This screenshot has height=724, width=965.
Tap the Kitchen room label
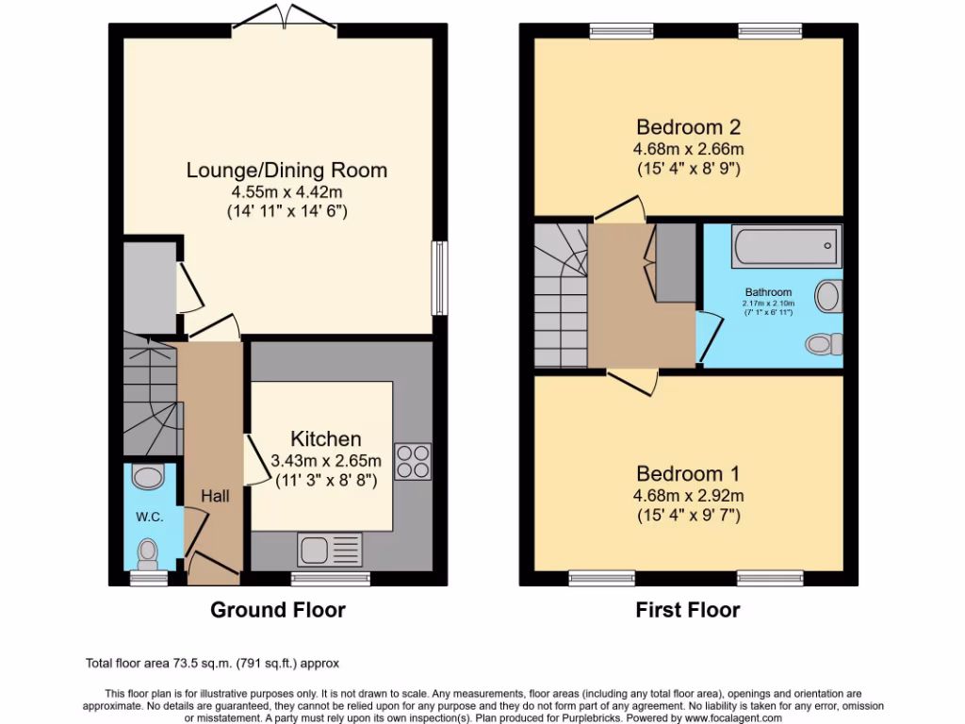(325, 439)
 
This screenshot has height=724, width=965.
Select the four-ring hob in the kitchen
(412, 462)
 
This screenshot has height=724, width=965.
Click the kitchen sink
(330, 549)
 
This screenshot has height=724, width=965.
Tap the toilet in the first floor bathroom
(824, 344)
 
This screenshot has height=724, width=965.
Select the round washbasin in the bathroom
(828, 296)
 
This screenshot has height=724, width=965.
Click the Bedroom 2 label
(688, 127)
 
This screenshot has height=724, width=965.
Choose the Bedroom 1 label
(688, 473)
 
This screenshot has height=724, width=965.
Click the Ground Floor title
(277, 610)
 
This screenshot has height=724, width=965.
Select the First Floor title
(687, 610)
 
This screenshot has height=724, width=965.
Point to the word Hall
(215, 496)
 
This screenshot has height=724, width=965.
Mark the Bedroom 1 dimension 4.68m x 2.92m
(688, 496)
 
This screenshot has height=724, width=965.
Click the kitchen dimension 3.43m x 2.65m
(325, 461)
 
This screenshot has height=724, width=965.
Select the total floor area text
(219, 664)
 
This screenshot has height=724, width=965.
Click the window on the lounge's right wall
(438, 279)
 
